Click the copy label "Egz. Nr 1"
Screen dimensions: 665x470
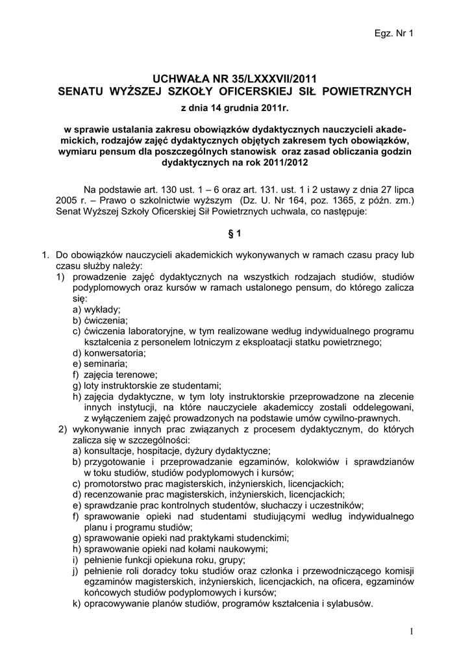(394, 33)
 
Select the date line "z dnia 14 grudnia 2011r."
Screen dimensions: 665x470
(234, 107)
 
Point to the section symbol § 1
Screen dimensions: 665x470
(234, 232)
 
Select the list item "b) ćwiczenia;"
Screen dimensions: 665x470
(100, 321)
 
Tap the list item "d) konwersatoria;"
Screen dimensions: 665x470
(109, 353)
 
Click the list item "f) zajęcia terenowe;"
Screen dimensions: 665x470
(115, 374)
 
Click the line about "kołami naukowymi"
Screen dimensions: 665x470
(147, 549)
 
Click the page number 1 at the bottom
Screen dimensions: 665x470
(412, 632)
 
